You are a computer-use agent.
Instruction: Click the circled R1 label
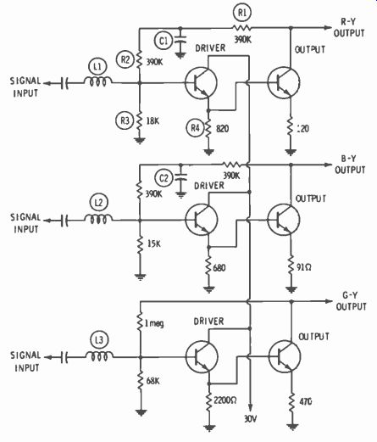click(242, 14)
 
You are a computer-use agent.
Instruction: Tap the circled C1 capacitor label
click(164, 41)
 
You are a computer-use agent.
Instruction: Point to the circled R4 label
click(196, 128)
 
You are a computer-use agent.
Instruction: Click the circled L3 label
click(99, 340)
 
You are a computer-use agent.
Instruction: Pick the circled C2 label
click(164, 178)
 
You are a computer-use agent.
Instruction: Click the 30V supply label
click(250, 419)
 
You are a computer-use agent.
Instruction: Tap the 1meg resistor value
click(154, 323)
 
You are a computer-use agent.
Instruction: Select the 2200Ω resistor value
click(225, 400)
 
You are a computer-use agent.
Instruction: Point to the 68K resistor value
click(152, 381)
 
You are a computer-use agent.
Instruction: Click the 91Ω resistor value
click(304, 267)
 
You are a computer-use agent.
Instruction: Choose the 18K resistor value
click(152, 121)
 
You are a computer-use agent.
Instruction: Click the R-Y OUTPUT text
click(349, 27)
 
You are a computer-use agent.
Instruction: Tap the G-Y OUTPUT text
click(351, 301)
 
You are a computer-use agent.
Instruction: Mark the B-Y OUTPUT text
click(350, 164)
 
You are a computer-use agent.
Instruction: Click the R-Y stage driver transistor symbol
click(201, 82)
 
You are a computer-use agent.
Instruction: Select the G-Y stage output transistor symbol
click(285, 356)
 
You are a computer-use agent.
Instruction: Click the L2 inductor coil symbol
click(98, 219)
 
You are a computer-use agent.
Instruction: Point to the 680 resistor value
click(219, 267)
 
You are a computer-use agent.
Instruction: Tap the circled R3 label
click(125, 120)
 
